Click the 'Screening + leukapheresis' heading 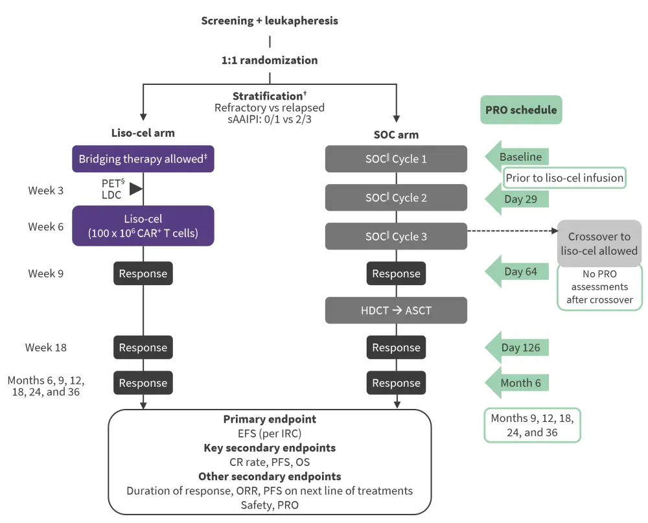coord(269,21)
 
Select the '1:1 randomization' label coord(269,60)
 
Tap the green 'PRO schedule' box coord(521,110)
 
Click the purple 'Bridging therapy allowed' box coord(143,159)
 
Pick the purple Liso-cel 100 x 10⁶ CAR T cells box coord(143,226)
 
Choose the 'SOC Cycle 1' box coord(396,159)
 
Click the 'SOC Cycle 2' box coord(396,198)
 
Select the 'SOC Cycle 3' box coord(396,237)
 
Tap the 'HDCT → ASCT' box coord(396,310)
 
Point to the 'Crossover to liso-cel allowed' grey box coord(599,243)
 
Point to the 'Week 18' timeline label coord(45,348)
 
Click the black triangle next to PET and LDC coord(135,189)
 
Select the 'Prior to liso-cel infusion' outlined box coord(564,178)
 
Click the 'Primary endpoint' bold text coord(270,420)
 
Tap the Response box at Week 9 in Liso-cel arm coord(143,273)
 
